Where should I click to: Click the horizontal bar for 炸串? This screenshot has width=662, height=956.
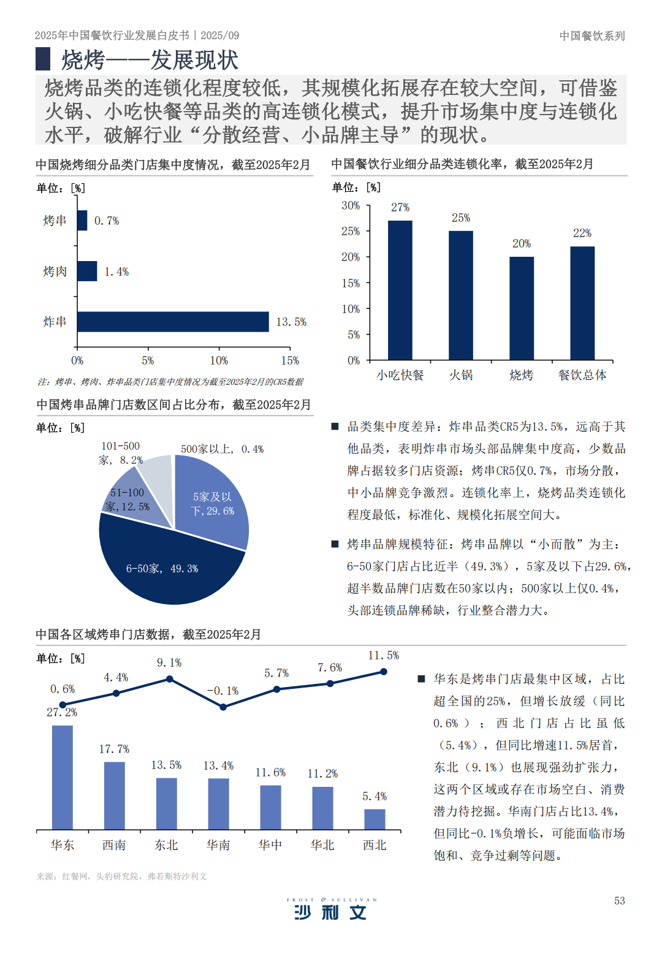tap(173, 322)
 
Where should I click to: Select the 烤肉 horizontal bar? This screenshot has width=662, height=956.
tap(87, 271)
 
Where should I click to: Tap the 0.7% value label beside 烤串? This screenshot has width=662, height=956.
tap(107, 221)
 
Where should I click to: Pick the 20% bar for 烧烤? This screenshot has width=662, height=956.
tap(522, 308)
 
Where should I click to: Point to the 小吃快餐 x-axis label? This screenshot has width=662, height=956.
tap(400, 375)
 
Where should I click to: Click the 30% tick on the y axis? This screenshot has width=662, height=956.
tap(351, 206)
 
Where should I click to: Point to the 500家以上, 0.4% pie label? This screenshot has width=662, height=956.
tap(222, 449)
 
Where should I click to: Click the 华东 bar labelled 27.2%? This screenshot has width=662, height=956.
tap(63, 777)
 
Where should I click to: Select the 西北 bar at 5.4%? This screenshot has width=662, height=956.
tap(375, 819)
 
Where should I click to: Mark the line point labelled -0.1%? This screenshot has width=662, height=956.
tap(223, 707)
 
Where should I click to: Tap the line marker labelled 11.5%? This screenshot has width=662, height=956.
tap(384, 672)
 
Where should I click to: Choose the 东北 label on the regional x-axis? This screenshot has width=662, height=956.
tap(166, 845)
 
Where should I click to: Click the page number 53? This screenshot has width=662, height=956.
tap(620, 900)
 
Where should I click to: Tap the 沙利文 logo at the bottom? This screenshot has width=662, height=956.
tap(331, 911)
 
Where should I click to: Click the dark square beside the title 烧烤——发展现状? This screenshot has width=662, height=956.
tap(43, 59)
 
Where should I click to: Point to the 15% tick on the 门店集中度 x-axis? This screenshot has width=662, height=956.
tap(290, 360)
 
